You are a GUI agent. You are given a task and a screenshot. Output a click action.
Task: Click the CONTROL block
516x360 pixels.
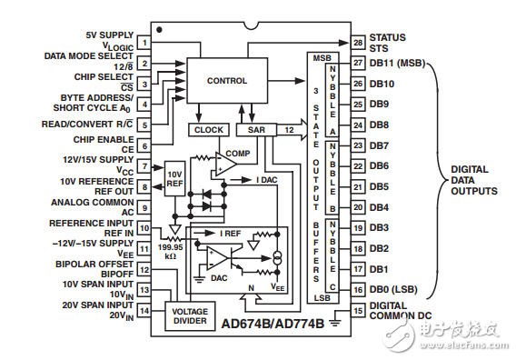point(227,81)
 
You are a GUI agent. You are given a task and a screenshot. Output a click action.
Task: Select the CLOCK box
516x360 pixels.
point(208,130)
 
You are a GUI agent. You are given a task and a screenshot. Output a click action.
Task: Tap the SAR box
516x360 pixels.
point(256,130)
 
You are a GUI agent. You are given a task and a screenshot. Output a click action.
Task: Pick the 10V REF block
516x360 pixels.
point(174,179)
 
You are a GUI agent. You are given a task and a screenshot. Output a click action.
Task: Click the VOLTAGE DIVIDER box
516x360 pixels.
point(190,316)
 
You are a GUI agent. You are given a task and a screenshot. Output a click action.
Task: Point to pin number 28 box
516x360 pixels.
point(358,43)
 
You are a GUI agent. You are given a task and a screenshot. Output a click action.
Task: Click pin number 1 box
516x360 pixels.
point(144,43)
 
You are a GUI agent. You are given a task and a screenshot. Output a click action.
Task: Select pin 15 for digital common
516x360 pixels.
point(358,311)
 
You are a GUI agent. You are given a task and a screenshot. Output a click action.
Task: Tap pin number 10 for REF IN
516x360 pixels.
point(144,228)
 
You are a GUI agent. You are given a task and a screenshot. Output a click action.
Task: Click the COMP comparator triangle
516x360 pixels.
point(225,164)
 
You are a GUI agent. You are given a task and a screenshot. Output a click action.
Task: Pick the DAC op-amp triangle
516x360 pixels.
point(216,258)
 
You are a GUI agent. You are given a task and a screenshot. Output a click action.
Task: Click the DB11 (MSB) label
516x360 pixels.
point(398,63)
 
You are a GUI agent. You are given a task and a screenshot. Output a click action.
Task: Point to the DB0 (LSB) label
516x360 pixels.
point(393,290)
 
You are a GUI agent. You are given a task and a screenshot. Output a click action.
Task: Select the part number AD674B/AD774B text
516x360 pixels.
point(273,324)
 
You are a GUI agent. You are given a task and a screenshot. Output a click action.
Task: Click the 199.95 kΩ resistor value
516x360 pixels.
point(171,251)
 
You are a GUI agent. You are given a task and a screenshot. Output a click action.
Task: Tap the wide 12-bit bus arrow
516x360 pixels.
point(292,130)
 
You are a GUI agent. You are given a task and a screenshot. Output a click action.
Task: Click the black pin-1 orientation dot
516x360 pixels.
point(159,30)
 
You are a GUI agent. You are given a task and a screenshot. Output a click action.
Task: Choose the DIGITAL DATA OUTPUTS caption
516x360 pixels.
point(474,180)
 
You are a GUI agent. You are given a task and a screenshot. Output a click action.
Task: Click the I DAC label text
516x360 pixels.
point(267,180)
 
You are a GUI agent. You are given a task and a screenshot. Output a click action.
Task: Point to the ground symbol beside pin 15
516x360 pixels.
point(335,322)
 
